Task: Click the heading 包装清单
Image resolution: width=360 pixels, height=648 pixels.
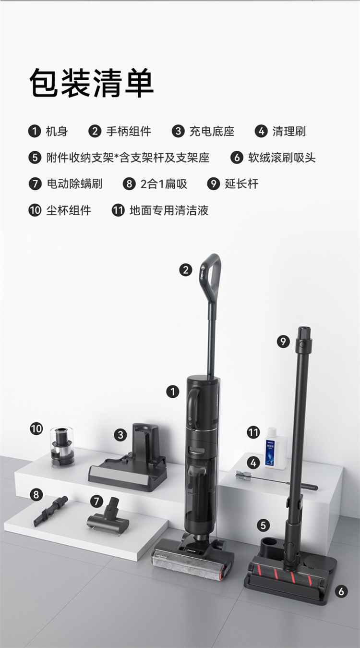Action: click(91, 83)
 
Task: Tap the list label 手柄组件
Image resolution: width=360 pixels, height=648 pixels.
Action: click(129, 132)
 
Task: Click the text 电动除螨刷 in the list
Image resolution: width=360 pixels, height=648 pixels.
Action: click(74, 184)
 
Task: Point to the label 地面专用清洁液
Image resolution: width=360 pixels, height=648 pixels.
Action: click(169, 210)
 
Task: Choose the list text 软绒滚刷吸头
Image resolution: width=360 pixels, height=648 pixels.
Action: click(282, 158)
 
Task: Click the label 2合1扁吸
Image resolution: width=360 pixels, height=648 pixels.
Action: click(164, 184)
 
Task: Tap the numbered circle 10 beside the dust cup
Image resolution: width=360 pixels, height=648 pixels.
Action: click(36, 428)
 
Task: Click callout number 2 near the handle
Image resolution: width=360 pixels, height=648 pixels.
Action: click(186, 270)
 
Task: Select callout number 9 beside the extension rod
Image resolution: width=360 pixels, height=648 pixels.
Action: click(283, 342)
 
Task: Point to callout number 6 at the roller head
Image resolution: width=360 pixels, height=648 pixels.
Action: click(341, 591)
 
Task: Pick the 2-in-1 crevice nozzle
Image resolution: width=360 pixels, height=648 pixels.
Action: click(50, 511)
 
